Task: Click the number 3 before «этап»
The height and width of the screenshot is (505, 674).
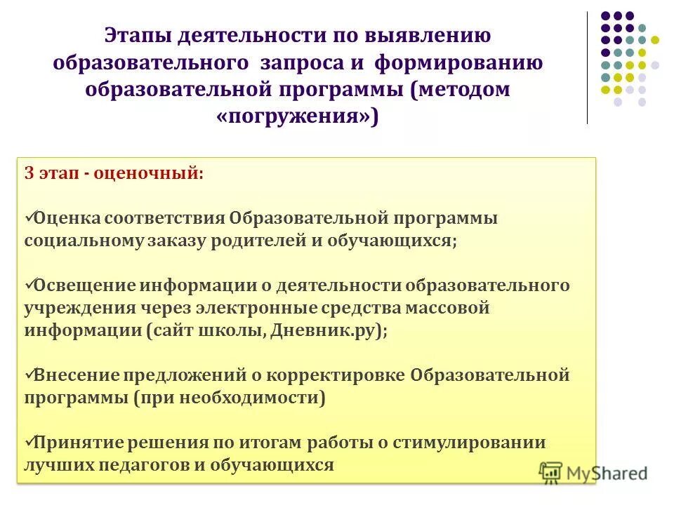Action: [x=29, y=174]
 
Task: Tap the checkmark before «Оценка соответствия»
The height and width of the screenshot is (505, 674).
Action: [x=29, y=217]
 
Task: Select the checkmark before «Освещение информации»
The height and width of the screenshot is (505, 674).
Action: [x=29, y=285]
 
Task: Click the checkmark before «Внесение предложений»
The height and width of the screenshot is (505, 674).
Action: [x=29, y=375]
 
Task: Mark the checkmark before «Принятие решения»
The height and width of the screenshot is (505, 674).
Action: [x=29, y=442]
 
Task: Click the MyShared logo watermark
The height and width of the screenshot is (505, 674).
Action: [x=594, y=473]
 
